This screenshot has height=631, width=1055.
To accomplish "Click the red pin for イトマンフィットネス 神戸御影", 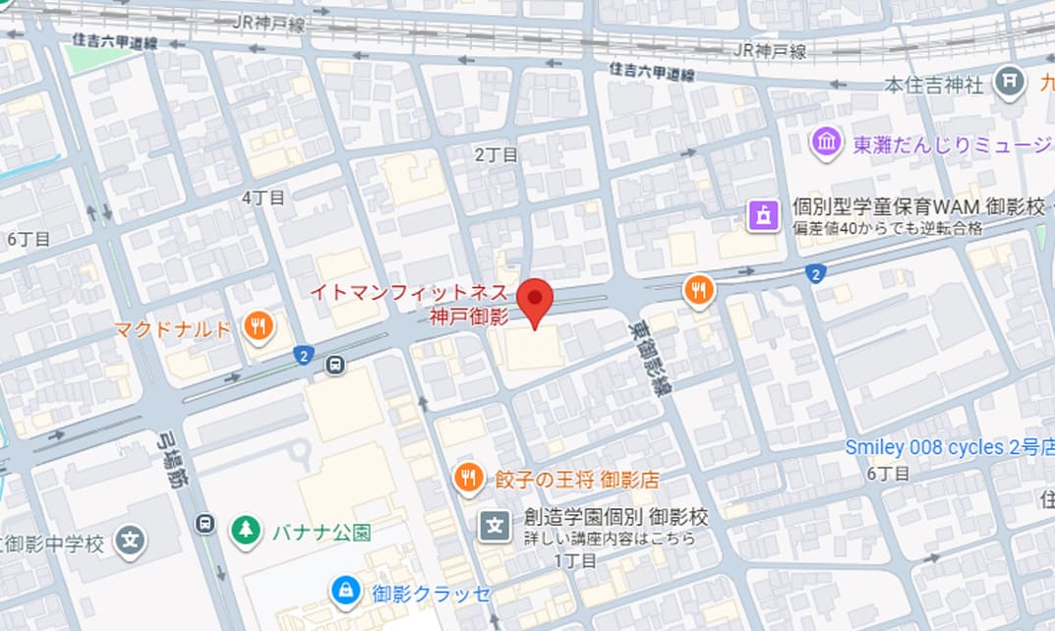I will (536, 301).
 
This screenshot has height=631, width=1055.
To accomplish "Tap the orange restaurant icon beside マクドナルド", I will (258, 326).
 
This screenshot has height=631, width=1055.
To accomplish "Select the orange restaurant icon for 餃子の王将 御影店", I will (468, 479).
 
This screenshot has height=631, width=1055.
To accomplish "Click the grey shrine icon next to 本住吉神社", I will (1009, 83).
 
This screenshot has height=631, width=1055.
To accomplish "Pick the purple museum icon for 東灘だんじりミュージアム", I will (826, 144).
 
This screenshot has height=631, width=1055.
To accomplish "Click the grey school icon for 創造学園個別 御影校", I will (495, 525).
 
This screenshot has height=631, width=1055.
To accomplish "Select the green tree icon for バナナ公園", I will (244, 532).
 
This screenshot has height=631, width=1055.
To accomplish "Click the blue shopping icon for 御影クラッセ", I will (344, 591).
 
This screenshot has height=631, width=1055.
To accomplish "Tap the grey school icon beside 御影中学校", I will (130, 542).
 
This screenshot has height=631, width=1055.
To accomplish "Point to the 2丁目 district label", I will (496, 154).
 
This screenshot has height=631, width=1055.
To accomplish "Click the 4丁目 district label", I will (264, 198).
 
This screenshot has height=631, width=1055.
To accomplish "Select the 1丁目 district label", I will (574, 561).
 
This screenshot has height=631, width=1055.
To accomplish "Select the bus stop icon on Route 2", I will (336, 366).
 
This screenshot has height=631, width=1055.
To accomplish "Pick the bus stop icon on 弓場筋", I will (205, 522).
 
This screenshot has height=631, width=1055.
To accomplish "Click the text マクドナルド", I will (172, 327).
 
